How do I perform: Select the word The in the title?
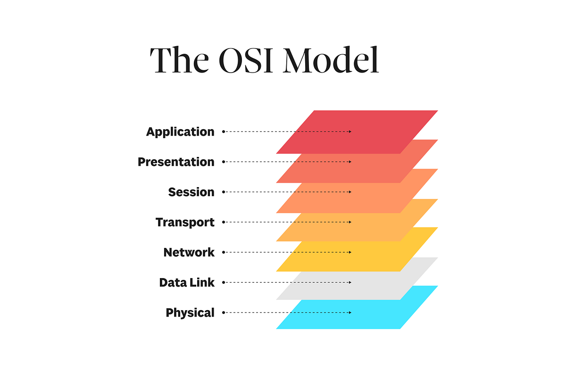tap(178, 60)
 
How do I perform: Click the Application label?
tap(180, 132)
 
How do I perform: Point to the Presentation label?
tap(176, 162)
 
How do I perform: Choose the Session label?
tap(191, 192)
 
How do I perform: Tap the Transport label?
tap(185, 222)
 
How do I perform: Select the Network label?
tap(189, 252)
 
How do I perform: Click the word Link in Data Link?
tap(203, 282)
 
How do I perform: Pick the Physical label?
tap(190, 312)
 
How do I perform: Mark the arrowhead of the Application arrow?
tap(350, 131)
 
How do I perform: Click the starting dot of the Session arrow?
tap(224, 192)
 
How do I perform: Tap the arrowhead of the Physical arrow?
tap(350, 312)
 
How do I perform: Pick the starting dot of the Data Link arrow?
tap(224, 282)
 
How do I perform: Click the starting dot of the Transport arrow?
tap(224, 222)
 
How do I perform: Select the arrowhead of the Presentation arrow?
tap(350, 162)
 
